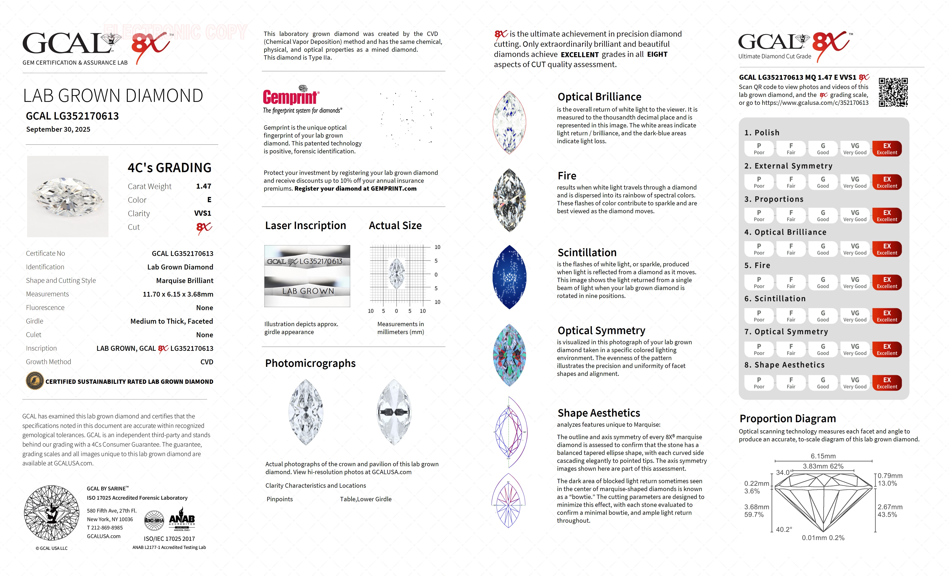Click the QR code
coord(893,92)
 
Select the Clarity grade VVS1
coord(203,213)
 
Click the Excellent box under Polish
coord(887,149)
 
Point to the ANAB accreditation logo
coord(182,520)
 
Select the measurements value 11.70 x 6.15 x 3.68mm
coord(178,294)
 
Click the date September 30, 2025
coord(58,129)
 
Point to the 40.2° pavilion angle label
coord(784,529)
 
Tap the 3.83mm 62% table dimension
coord(823,466)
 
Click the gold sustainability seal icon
coord(34,381)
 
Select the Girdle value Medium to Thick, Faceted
coord(171,321)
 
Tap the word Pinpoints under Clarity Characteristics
coord(280,499)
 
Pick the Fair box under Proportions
coord(791,216)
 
